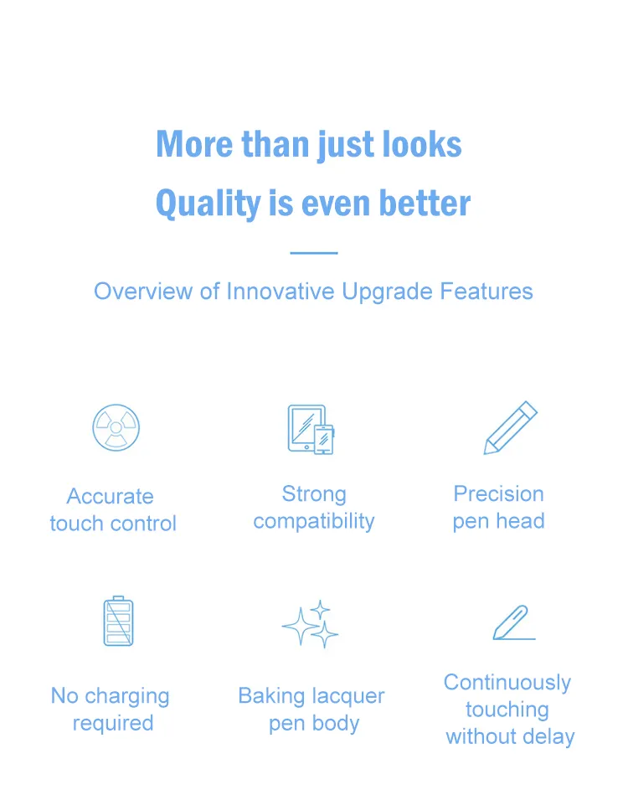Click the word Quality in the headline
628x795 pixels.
(208, 204)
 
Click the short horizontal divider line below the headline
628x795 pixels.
(314, 252)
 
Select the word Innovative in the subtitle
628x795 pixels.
(281, 292)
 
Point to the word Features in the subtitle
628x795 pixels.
(486, 292)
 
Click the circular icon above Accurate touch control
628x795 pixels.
(116, 427)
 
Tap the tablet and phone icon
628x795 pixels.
(311, 430)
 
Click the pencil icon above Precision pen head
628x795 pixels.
(511, 427)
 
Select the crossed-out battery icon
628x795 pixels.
(119, 621)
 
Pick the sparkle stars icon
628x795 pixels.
(310, 624)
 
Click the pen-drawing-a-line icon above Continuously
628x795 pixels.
(514, 622)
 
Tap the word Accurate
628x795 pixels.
(110, 497)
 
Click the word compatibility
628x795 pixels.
(314, 522)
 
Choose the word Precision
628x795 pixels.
(499, 493)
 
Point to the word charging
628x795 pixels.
(127, 697)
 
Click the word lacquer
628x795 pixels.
(348, 697)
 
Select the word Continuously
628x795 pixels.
(507, 684)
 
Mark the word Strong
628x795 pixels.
(314, 494)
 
